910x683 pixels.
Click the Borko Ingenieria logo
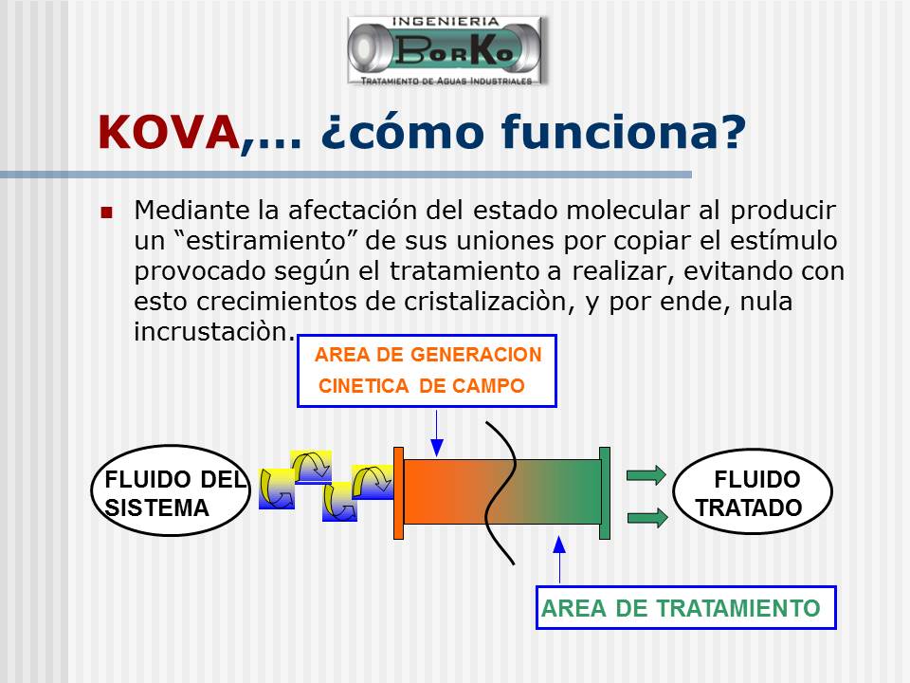[x=446, y=51]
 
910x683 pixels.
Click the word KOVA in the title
[x=169, y=133]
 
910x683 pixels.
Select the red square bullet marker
[x=106, y=212]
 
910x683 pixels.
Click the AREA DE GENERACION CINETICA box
[x=427, y=371]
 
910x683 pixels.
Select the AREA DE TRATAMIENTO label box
[x=685, y=607]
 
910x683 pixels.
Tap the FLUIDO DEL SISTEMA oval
[x=171, y=490]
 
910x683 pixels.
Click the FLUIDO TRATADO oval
[x=752, y=491]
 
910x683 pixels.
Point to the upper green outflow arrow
[x=646, y=475]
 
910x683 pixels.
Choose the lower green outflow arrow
[x=647, y=517]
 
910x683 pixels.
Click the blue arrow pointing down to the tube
[x=437, y=434]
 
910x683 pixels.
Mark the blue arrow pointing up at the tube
[x=559, y=559]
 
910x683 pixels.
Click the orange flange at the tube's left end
[x=398, y=493]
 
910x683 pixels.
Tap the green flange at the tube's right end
[x=605, y=493]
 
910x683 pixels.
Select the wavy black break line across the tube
[x=500, y=492]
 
